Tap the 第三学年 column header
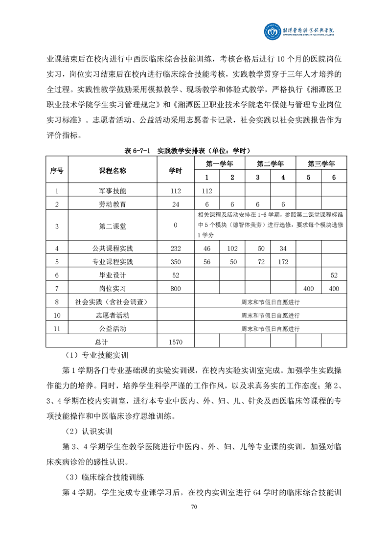[321, 163]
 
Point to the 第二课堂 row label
[113, 226]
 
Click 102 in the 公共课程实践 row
[232, 248]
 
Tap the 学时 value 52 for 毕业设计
[176, 275]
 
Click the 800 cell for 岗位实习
[176, 289]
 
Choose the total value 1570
[175, 342]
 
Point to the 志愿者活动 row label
[113, 316]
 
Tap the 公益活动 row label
[113, 329]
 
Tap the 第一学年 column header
[219, 163]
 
